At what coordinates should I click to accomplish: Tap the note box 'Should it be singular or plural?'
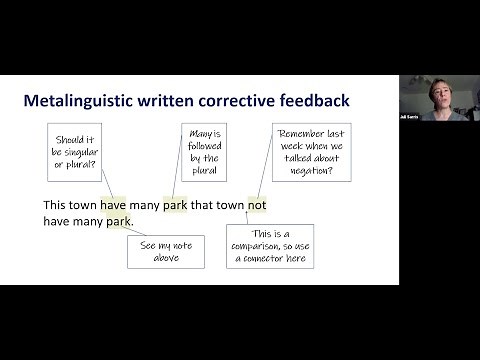[76, 151]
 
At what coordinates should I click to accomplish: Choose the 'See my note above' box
[165, 251]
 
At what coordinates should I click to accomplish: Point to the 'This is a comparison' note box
[269, 246]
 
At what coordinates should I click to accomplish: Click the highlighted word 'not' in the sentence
[257, 205]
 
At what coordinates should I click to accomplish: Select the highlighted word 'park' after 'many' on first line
[175, 205]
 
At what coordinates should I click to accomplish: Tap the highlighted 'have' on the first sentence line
[113, 205]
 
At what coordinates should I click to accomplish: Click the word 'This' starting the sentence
[55, 205]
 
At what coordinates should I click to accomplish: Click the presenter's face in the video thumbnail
[438, 89]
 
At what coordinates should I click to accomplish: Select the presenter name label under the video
[410, 116]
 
